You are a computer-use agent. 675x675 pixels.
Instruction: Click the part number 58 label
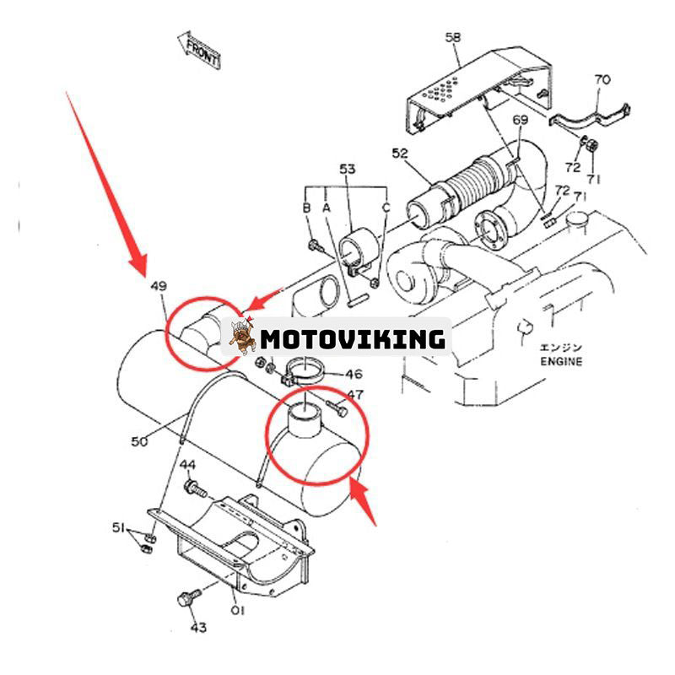[x=453, y=38]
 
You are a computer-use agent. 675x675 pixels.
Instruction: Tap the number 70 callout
[x=602, y=80]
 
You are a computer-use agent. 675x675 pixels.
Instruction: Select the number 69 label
[x=521, y=120]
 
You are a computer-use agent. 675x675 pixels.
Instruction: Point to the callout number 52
[x=400, y=153]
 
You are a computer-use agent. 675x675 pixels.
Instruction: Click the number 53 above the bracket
[x=348, y=170]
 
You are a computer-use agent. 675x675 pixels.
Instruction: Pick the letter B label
[x=307, y=208]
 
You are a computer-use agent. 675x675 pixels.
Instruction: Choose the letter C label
[x=386, y=208]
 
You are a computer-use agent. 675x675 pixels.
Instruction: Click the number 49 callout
[x=159, y=287]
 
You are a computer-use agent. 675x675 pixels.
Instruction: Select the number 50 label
[x=140, y=440]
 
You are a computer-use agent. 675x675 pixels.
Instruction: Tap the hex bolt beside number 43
[x=186, y=600]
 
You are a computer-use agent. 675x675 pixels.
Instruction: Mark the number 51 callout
[x=119, y=528]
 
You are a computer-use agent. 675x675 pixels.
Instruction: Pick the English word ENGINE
[x=561, y=361]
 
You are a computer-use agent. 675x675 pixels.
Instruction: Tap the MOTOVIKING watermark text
[x=352, y=339]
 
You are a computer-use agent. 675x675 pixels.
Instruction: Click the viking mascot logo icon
[x=242, y=337]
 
